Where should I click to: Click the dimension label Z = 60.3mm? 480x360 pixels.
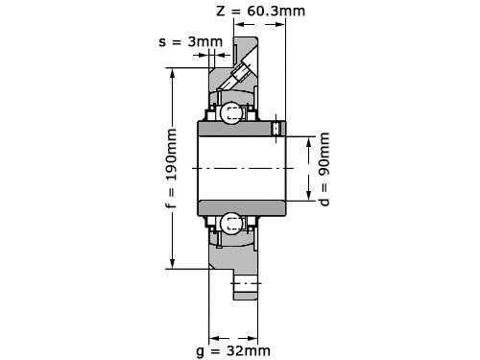(x=261, y=12)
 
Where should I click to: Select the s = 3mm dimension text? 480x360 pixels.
(x=191, y=42)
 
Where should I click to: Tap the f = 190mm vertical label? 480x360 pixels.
(x=172, y=168)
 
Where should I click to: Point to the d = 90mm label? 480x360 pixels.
(x=324, y=169)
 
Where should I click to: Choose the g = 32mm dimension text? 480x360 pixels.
(x=233, y=351)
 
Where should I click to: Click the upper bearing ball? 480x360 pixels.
(x=231, y=112)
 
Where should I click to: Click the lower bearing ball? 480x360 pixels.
(x=231, y=225)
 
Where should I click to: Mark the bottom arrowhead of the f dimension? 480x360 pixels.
(x=173, y=263)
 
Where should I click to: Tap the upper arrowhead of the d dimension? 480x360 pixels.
(x=309, y=142)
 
